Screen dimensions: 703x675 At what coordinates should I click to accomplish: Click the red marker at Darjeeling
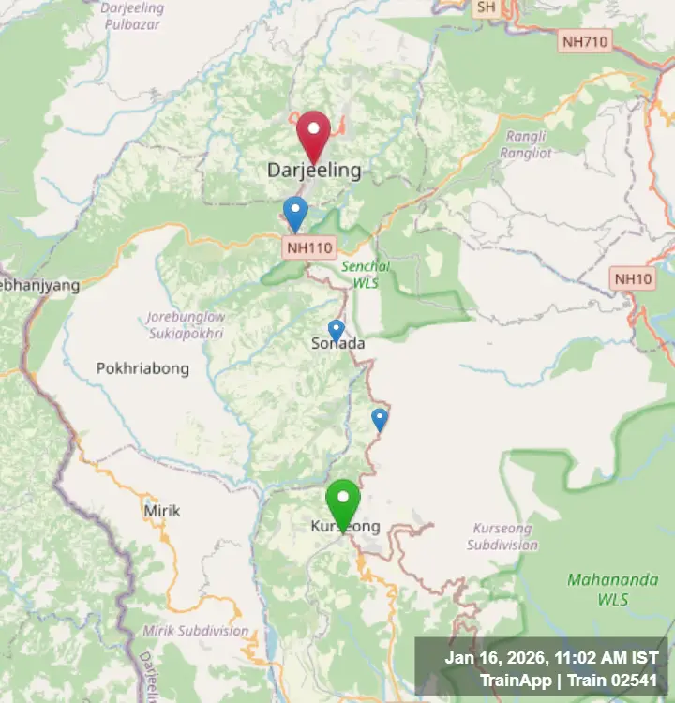(314, 134)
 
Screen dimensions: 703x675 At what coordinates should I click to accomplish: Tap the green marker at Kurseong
(343, 501)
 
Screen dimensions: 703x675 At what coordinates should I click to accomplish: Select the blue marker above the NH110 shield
(295, 212)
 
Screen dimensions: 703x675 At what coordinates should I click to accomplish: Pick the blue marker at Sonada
(336, 330)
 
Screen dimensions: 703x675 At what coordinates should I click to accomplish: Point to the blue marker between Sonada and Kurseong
(380, 418)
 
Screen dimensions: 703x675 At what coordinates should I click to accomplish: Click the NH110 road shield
(308, 248)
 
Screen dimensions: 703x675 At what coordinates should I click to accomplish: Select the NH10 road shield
(633, 278)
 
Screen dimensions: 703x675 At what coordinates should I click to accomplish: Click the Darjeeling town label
(314, 171)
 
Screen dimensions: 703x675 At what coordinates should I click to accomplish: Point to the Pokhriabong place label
(142, 368)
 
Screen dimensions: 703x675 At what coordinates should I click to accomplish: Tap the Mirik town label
(161, 511)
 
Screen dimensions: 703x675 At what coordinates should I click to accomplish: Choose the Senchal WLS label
(366, 274)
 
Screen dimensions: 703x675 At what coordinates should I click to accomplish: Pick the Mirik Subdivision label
(196, 631)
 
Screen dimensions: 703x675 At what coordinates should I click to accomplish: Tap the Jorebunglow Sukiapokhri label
(186, 324)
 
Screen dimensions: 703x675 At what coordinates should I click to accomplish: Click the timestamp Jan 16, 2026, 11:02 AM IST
(551, 658)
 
